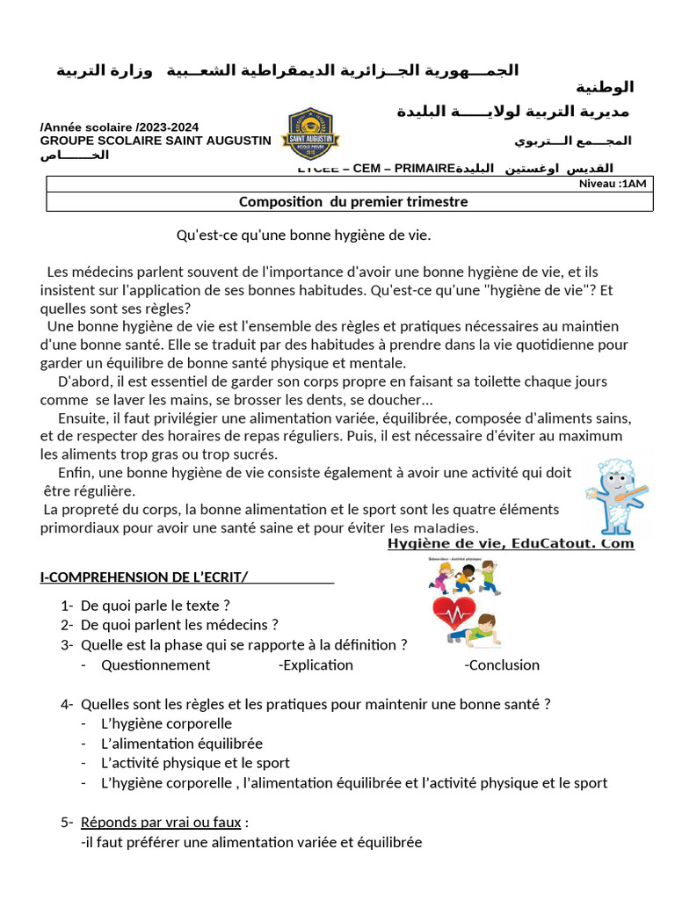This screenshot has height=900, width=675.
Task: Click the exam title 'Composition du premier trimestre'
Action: point(353,202)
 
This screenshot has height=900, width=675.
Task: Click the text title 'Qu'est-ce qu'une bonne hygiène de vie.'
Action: point(303,236)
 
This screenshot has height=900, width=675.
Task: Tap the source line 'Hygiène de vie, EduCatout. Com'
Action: point(510,544)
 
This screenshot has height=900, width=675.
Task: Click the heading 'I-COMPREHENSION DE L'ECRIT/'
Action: point(144,577)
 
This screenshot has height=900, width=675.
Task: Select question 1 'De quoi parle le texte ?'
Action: point(156,606)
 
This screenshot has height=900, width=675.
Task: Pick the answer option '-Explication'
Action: point(316,665)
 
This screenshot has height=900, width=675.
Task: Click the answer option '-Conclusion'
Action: point(502,665)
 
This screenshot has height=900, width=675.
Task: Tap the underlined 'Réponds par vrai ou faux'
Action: point(161,823)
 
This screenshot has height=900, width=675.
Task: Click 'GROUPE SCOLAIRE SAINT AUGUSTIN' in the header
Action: point(156,141)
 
